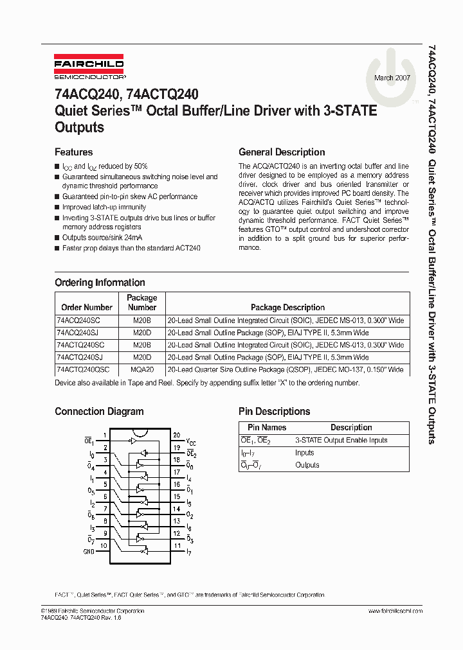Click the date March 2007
click(393, 78)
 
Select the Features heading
click(73, 152)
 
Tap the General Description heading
click(282, 152)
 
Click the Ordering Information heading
click(100, 283)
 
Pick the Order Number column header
click(87, 308)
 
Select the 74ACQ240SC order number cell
click(78, 319)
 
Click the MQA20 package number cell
click(142, 370)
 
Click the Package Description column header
click(287, 308)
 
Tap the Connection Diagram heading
click(99, 412)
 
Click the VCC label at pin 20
click(192, 442)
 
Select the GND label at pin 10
click(88, 551)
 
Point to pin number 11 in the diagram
click(176, 545)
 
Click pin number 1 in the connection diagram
click(104, 435)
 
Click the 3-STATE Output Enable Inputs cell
click(341, 441)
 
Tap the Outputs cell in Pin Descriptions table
click(307, 465)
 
